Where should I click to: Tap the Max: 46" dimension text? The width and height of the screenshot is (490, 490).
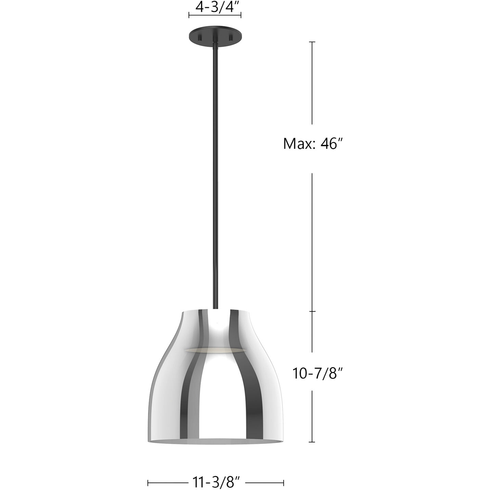click(x=313, y=144)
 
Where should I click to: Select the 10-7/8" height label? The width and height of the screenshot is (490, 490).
click(x=318, y=373)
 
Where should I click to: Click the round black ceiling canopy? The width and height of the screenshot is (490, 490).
click(x=215, y=35)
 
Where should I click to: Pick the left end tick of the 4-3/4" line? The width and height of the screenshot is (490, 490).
click(x=189, y=15)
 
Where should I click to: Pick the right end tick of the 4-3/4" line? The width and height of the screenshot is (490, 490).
click(x=241, y=15)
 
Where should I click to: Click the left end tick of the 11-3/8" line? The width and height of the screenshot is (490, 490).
click(x=148, y=483)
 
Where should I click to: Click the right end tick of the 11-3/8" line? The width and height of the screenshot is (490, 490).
click(x=284, y=483)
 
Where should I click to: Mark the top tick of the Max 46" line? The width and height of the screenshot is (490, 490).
click(x=312, y=42)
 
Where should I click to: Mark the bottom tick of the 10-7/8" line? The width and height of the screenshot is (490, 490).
click(x=312, y=442)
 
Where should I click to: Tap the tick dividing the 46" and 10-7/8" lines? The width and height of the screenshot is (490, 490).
click(x=312, y=311)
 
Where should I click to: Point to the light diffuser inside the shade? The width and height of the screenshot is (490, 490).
click(x=215, y=351)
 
